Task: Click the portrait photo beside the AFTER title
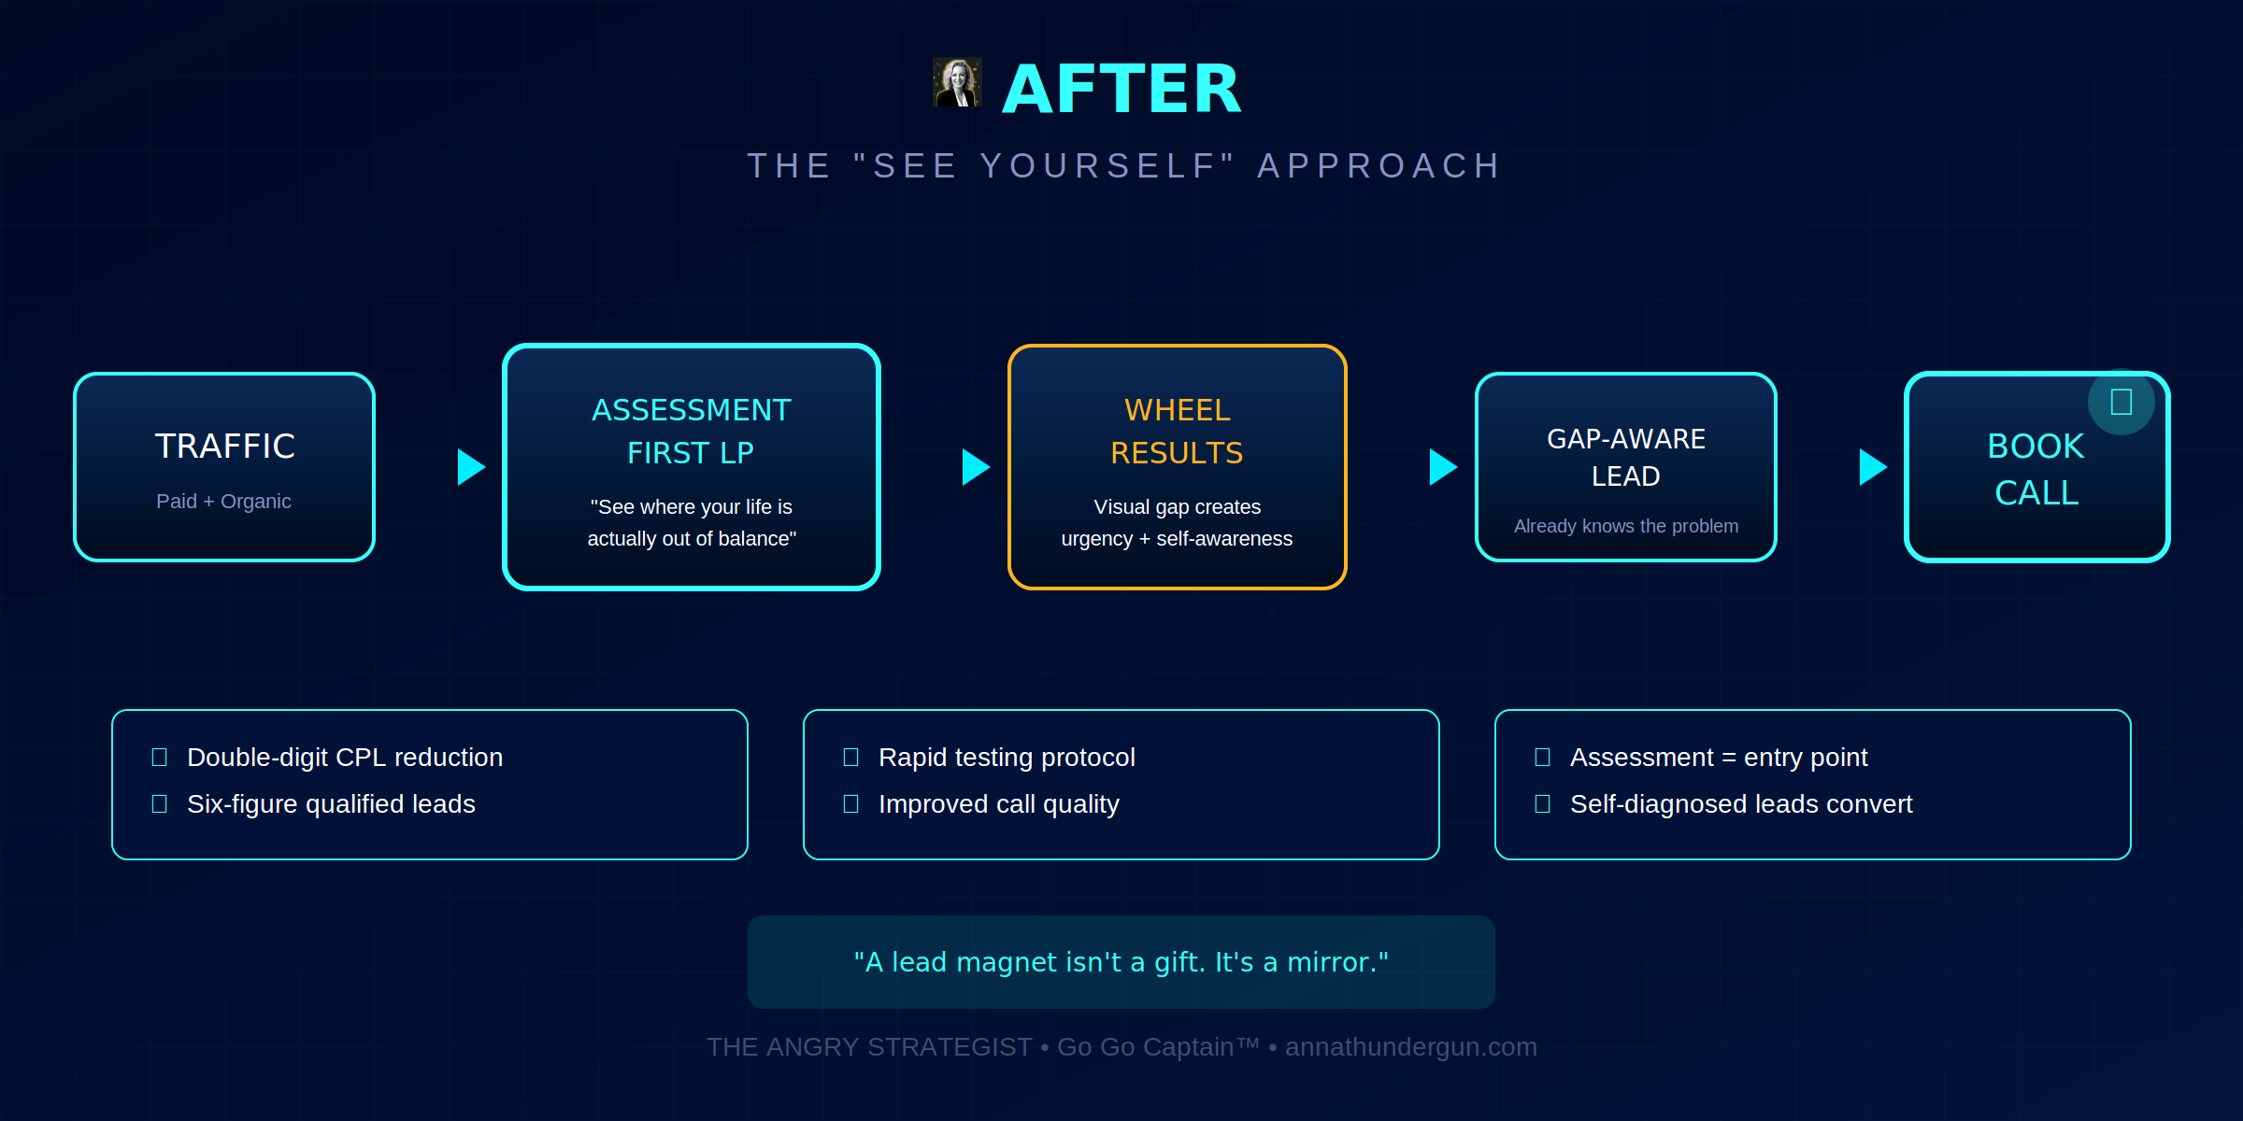(957, 83)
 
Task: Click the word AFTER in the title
(1121, 90)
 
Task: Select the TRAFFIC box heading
(224, 447)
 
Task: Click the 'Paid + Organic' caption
(223, 502)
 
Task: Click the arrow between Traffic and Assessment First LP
(470, 467)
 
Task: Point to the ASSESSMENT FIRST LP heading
(691, 432)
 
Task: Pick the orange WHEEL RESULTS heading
(1177, 432)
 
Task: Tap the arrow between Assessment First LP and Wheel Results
(975, 467)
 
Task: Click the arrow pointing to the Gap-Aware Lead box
(1442, 467)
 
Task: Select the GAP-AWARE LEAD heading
(1625, 458)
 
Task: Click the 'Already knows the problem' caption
(1625, 526)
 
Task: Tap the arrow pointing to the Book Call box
(1872, 467)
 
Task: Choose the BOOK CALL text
(2036, 469)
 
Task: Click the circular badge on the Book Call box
(2121, 402)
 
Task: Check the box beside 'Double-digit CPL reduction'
(160, 757)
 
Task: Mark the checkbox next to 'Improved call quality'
(850, 803)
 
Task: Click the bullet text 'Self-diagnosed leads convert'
(1740, 803)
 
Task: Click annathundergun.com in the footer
(1410, 1047)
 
